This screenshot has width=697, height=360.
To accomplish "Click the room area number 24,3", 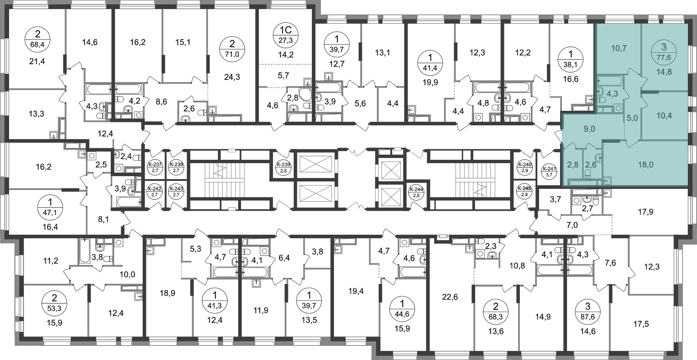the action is tap(232, 77).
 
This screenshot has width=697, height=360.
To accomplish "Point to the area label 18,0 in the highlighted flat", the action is tap(646, 165).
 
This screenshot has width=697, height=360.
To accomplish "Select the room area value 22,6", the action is tap(450, 297).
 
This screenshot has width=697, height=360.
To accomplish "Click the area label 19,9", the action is tap(431, 82).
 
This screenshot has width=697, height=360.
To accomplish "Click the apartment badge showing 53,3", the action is tap(54, 304).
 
